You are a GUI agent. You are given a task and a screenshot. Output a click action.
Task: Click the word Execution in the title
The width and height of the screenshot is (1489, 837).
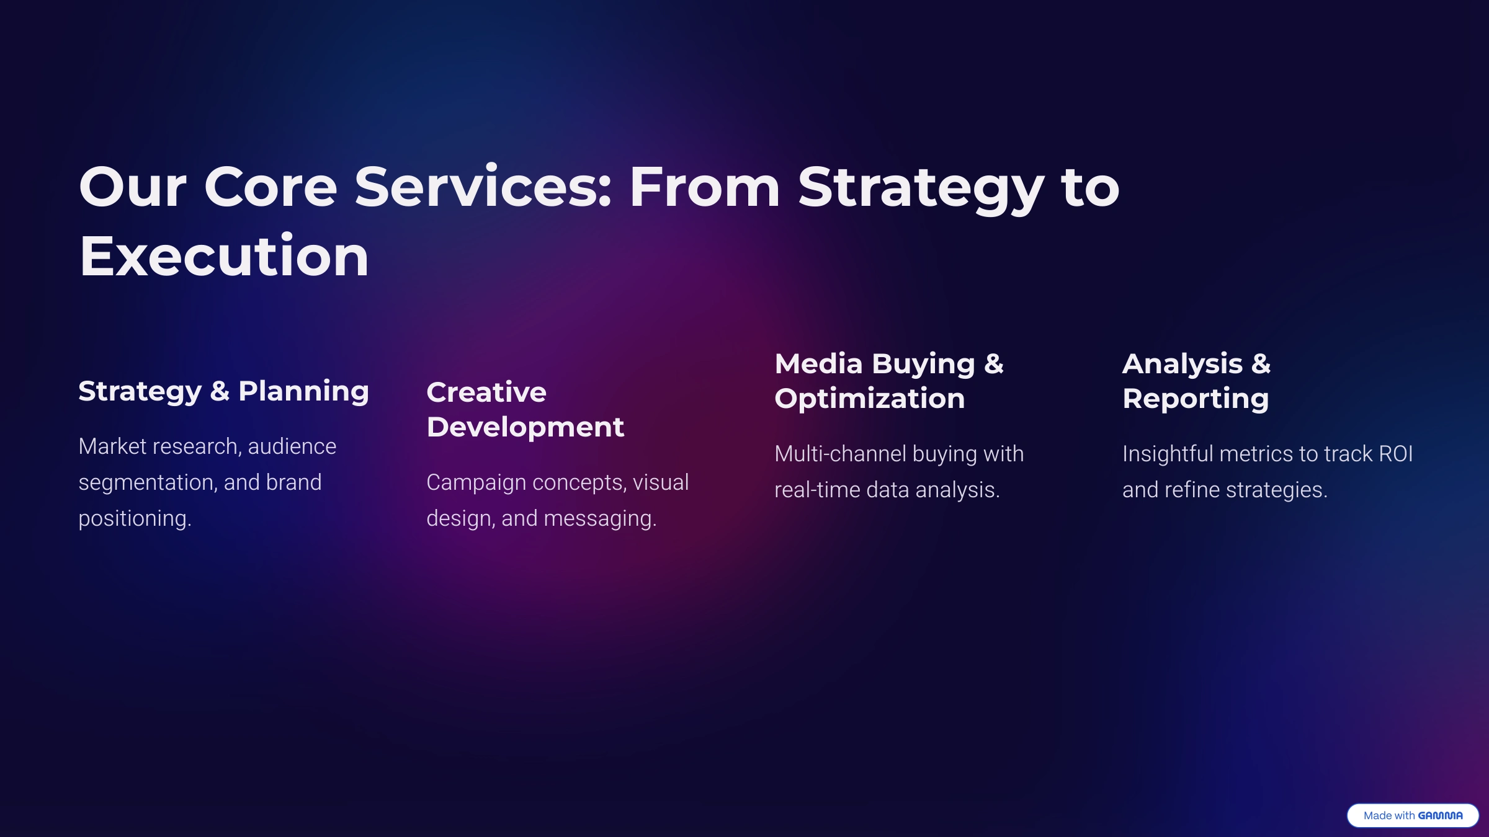(224, 256)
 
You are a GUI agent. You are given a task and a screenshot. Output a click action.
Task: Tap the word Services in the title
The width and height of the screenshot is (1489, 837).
(483, 187)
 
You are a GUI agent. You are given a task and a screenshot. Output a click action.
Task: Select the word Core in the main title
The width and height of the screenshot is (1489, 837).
(271, 187)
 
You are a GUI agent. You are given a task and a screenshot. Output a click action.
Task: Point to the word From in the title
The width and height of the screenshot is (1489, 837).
(705, 187)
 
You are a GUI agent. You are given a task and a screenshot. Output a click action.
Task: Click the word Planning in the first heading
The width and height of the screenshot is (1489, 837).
(304, 392)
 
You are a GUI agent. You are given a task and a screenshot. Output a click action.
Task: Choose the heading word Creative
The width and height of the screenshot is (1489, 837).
(486, 392)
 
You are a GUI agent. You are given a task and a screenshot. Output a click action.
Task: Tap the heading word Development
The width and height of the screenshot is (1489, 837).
(525, 428)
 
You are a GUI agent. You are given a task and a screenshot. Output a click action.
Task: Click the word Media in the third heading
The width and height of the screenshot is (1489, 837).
(819, 364)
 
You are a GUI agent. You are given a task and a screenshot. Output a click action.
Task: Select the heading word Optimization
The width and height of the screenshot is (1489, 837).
(870, 399)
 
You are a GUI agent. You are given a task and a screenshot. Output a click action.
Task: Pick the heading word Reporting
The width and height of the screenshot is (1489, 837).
(1196, 399)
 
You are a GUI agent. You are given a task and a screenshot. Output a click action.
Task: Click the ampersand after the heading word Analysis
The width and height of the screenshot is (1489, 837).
(1261, 364)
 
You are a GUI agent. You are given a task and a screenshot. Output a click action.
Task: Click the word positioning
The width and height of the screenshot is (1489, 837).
(135, 519)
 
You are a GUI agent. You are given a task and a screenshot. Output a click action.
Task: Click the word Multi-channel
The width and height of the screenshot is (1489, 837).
(841, 454)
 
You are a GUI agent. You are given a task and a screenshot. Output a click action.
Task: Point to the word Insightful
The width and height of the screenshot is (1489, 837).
(1168, 454)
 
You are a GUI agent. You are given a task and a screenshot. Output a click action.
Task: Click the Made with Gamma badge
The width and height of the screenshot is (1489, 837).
(1413, 815)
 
